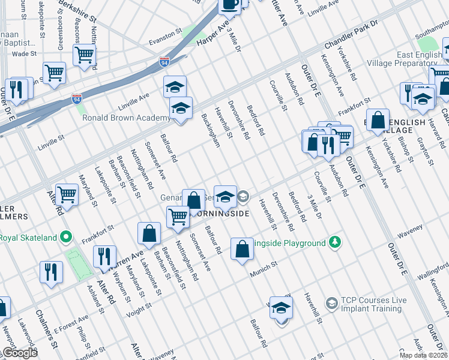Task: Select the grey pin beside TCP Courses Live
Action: coord(331,304)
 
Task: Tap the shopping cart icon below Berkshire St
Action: coord(85,55)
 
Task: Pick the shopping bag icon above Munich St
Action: coord(242,250)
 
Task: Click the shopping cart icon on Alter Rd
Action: coord(67,195)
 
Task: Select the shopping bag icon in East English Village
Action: coord(378,120)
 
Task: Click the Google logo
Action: coord(19,353)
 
